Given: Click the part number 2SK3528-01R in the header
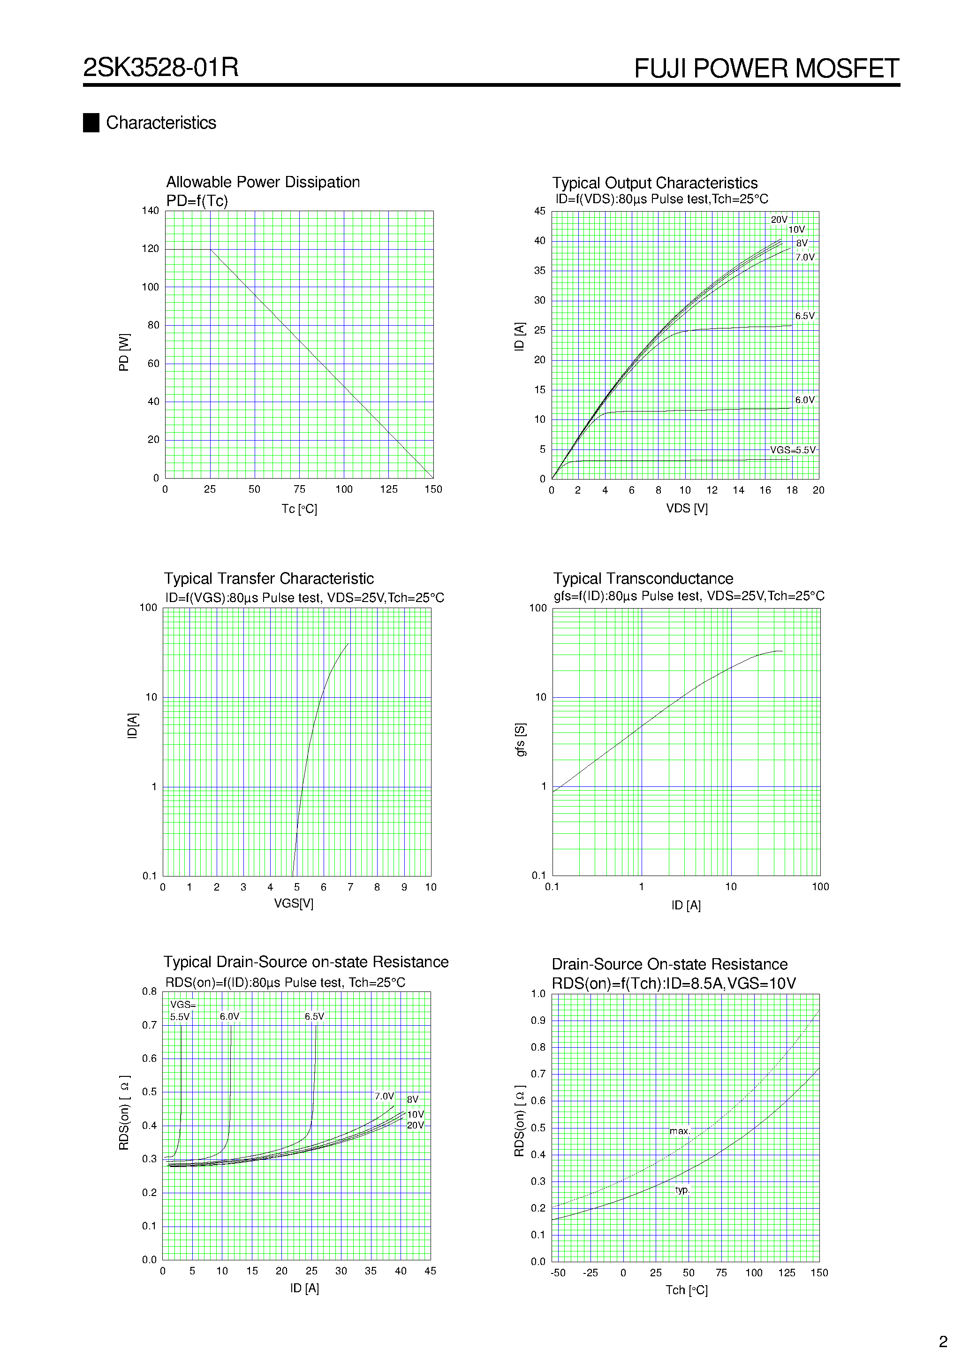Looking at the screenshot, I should tap(161, 68).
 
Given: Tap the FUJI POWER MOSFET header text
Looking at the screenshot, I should tap(766, 69).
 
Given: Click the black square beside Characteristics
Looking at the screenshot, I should tap(91, 122).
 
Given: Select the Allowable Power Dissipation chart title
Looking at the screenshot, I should tap(263, 182).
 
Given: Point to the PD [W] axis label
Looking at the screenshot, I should tap(124, 352).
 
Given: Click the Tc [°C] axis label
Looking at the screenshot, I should tap(299, 509).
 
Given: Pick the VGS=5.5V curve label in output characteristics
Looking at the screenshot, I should tap(792, 450).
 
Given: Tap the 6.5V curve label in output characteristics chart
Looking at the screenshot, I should tap(804, 316).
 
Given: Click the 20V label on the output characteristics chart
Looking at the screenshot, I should tap(779, 220).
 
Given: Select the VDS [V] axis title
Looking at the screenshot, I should tap(687, 509).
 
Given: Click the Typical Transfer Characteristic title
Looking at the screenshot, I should tap(269, 579).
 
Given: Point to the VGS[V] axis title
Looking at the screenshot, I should tap(293, 904).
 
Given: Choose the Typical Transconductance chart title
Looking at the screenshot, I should tap(643, 579).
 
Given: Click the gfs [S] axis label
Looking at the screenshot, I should tap(521, 740).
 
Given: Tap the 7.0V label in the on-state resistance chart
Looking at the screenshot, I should tap(384, 1097).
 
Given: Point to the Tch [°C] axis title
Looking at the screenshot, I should tap(687, 1290).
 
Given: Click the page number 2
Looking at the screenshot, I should tap(943, 1342).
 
